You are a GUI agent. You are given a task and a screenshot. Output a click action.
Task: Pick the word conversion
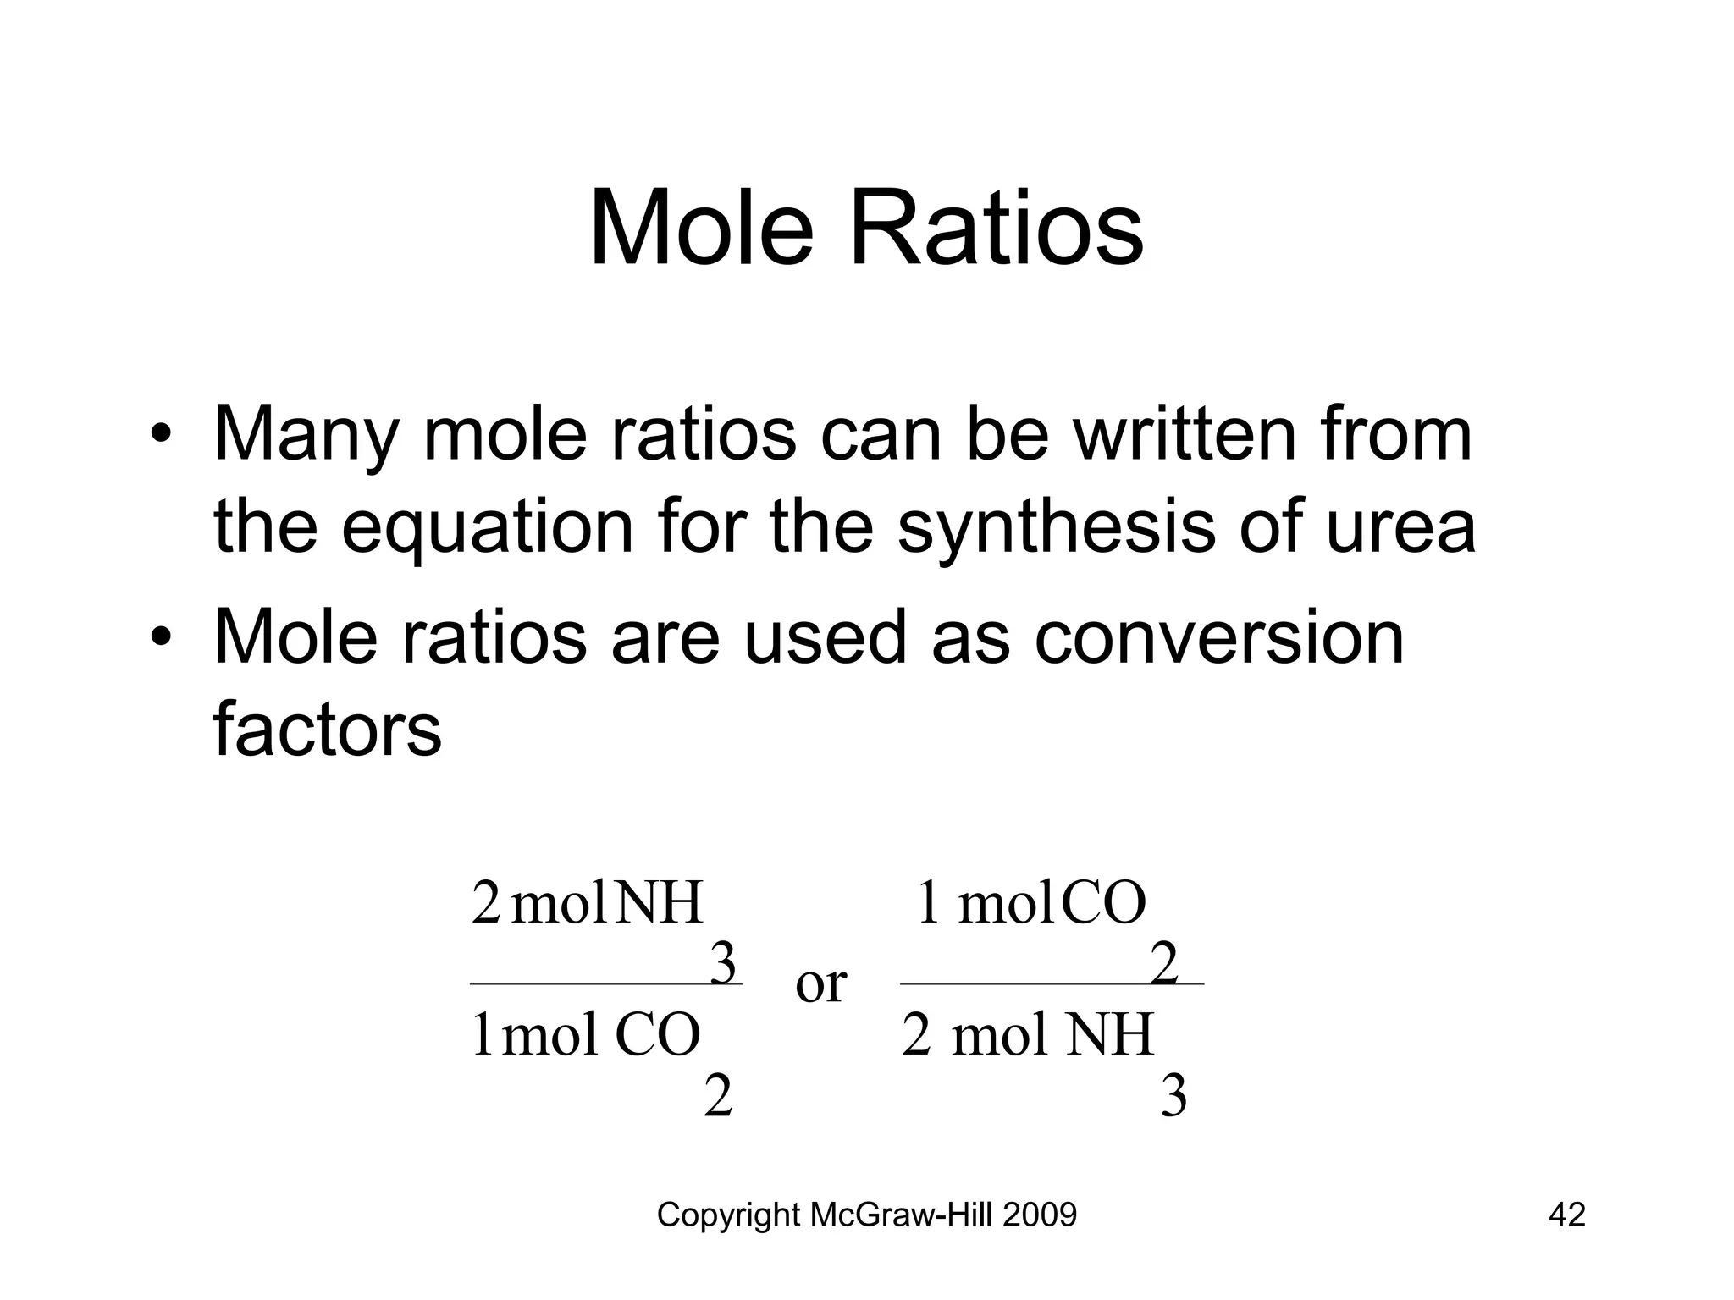pyautogui.click(x=1219, y=637)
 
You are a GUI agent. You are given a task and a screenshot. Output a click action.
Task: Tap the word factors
pyautogui.click(x=327, y=729)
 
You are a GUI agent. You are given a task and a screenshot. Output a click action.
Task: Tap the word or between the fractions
pyautogui.click(x=820, y=984)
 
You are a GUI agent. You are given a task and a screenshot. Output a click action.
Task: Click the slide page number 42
pyautogui.click(x=1566, y=1215)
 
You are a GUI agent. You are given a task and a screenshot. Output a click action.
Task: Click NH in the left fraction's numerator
pyautogui.click(x=659, y=904)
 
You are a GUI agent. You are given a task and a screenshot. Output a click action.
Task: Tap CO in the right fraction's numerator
pyautogui.click(x=1103, y=904)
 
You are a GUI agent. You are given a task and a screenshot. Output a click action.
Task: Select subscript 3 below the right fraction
pyautogui.click(x=1173, y=1099)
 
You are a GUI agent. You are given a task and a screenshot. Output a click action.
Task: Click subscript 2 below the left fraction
pyautogui.click(x=718, y=1099)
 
